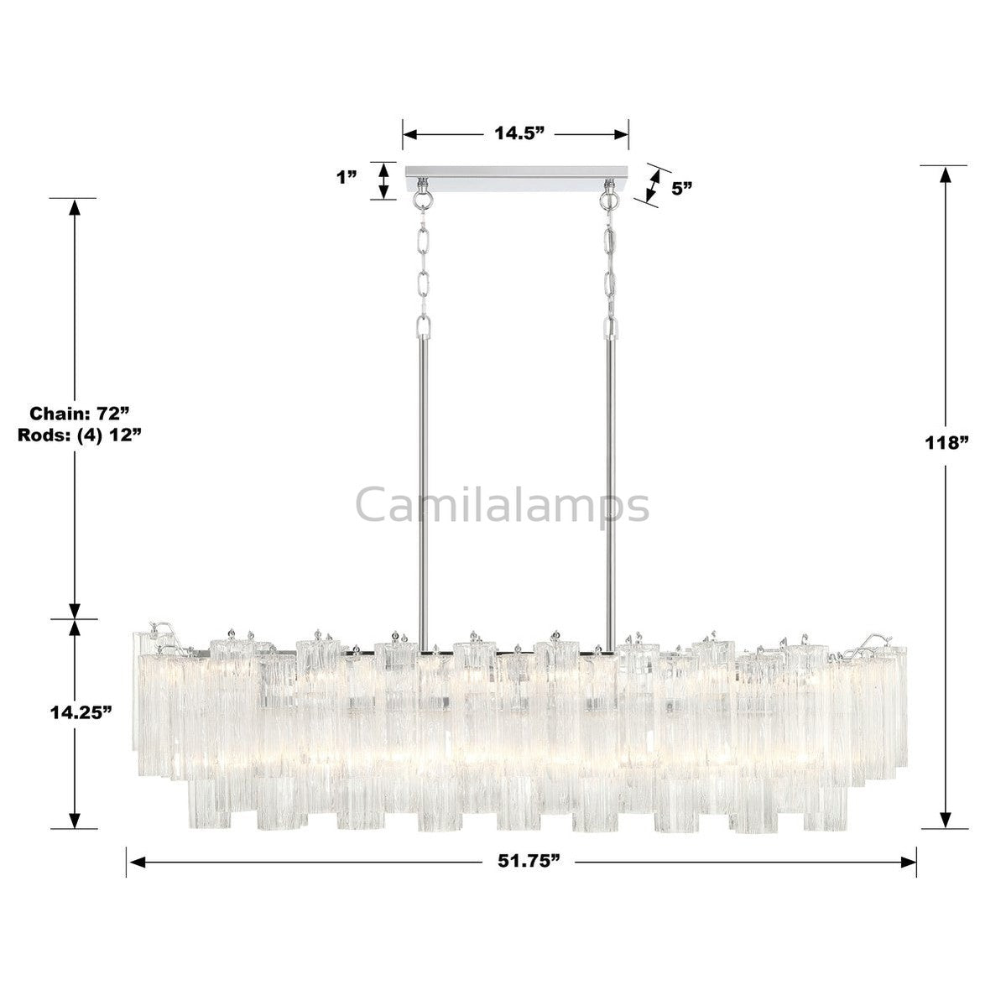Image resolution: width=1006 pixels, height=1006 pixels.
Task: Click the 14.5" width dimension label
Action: coord(516,134)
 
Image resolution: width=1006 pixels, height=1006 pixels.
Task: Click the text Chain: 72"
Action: coord(79,413)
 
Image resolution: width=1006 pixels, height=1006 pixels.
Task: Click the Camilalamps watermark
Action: coord(503,505)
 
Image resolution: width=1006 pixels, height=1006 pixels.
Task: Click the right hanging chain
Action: coord(610,268)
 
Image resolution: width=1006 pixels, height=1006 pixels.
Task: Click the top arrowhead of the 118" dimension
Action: coord(946,174)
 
